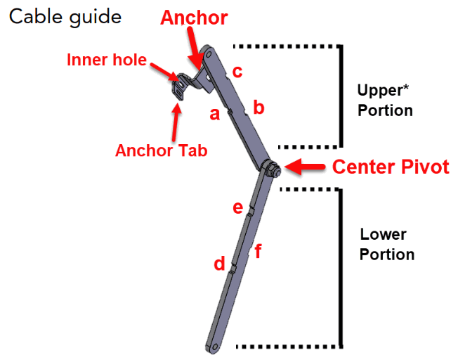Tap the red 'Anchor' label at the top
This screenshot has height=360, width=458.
pyautogui.click(x=194, y=18)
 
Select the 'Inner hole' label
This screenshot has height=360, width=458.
pyautogui.click(x=106, y=60)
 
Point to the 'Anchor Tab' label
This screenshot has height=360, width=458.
pyautogui.click(x=161, y=150)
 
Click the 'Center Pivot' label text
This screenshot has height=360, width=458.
pyautogui.click(x=390, y=167)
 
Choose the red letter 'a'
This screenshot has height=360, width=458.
pyautogui.click(x=215, y=112)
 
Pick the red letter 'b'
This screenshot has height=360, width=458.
pyautogui.click(x=259, y=108)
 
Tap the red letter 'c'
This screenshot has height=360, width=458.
pyautogui.click(x=237, y=71)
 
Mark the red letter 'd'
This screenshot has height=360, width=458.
pyautogui.click(x=220, y=264)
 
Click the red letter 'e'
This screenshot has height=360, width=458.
pyautogui.click(x=237, y=207)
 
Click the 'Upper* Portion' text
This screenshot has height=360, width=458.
pyautogui.click(x=384, y=101)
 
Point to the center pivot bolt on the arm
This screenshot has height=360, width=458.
pyautogui.click(x=272, y=169)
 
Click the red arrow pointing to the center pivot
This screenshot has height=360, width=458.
pyautogui.click(x=303, y=167)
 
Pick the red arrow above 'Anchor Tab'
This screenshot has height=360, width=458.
pyautogui.click(x=176, y=120)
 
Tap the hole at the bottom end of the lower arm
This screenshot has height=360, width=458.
pyautogui.click(x=214, y=346)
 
